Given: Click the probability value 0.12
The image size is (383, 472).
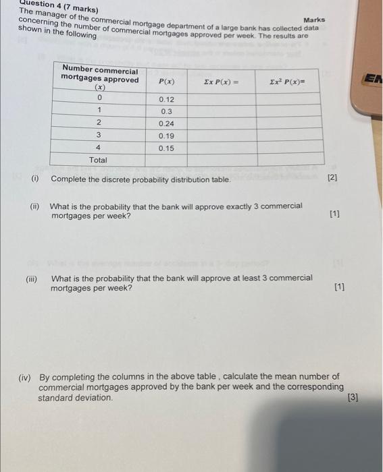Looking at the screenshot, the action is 166,99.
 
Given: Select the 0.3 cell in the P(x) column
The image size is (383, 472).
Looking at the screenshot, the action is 166,111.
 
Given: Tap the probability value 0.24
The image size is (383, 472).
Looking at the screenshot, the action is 166,123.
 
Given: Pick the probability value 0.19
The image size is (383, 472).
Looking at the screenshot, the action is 166,136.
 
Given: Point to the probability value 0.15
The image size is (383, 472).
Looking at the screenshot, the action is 166,148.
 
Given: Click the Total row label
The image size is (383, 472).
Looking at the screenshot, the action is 98,160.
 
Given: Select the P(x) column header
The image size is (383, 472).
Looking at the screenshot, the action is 166,81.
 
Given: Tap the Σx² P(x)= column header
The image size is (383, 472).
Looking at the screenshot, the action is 287,81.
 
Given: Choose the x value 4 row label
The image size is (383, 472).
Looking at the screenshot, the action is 99,148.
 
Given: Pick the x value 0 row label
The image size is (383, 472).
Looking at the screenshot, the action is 99,99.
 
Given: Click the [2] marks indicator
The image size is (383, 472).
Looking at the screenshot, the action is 332,178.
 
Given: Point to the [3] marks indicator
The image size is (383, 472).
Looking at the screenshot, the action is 352,398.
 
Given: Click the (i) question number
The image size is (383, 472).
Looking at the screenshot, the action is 34,179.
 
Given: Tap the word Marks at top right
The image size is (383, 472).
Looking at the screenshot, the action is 314,20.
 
